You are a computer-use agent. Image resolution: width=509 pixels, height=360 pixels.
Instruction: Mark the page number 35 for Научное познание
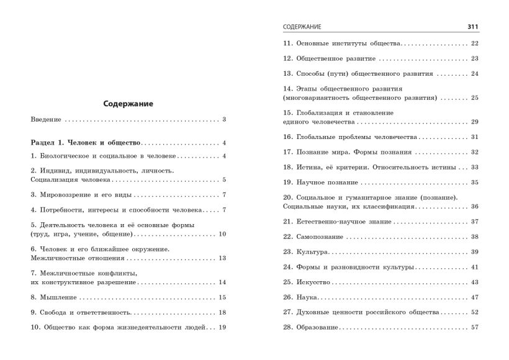(x=474, y=182)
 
